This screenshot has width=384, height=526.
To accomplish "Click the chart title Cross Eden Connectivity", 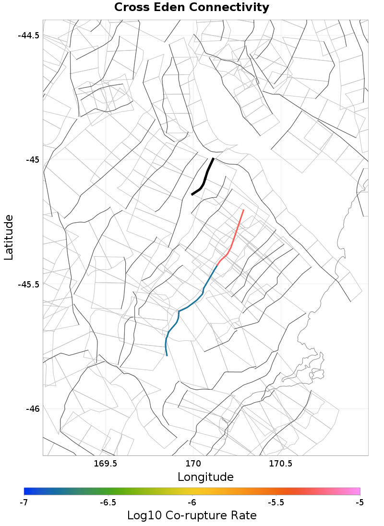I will [192, 8].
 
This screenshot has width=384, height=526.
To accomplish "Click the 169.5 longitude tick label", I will [105, 464].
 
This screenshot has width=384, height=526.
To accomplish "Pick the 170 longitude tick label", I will [193, 464].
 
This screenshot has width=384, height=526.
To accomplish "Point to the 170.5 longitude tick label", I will [280, 464].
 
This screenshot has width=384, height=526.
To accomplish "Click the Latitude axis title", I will [9, 238].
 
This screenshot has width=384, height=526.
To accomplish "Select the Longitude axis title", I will [205, 477].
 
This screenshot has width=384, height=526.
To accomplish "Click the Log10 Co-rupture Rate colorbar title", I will [192, 516].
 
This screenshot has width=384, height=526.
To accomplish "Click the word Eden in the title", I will [171, 8].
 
